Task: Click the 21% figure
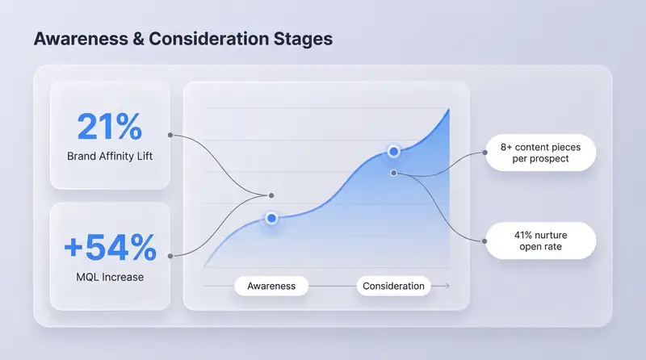(109, 127)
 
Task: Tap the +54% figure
(110, 248)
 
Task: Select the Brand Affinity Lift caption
(109, 156)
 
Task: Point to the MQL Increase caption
(110, 278)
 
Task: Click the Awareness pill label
(271, 286)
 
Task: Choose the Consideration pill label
(393, 286)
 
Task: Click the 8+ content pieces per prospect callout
(540, 153)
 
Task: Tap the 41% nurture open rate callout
(540, 240)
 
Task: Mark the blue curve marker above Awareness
(271, 218)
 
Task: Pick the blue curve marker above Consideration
(393, 151)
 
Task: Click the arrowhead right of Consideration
(446, 286)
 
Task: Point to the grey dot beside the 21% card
(170, 135)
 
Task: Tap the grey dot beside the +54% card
(170, 255)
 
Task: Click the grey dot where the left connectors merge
(271, 195)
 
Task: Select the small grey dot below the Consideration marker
(393, 173)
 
